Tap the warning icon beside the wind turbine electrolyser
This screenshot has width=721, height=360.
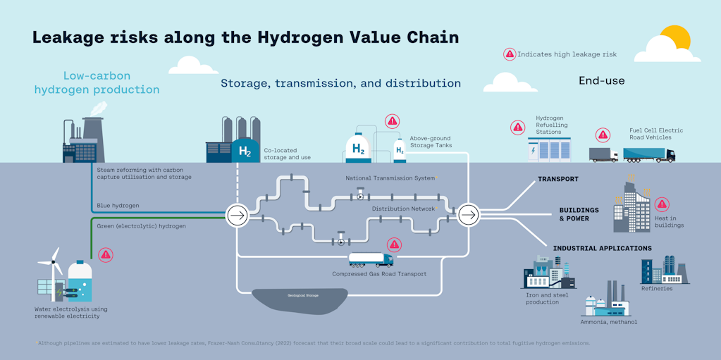pyautogui.click(x=106, y=255)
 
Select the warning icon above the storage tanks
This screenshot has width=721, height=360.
pyautogui.click(x=392, y=121)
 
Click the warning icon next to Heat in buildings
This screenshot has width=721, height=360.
pyautogui.click(x=661, y=204)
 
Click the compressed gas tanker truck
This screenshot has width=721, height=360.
pyautogui.click(x=371, y=260)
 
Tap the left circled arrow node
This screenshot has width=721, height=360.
pyautogui.click(x=238, y=215)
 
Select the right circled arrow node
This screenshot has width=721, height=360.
pyautogui.click(x=468, y=215)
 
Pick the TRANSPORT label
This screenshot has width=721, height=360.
pyautogui.click(x=557, y=179)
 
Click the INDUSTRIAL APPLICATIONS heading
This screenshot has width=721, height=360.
pyautogui.click(x=602, y=248)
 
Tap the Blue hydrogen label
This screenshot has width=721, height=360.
pyautogui.click(x=118, y=206)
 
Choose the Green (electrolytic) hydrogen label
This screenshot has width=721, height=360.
pyautogui.click(x=141, y=226)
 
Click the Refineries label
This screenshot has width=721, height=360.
pyautogui.click(x=657, y=288)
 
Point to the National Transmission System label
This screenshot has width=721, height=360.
pyautogui.click(x=390, y=178)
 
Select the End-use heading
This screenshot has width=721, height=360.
pyautogui.click(x=601, y=81)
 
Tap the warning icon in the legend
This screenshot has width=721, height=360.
pyautogui.click(x=509, y=54)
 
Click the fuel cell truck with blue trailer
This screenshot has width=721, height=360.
pyautogui.click(x=648, y=155)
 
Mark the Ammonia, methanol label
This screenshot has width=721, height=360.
pyautogui.click(x=608, y=322)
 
